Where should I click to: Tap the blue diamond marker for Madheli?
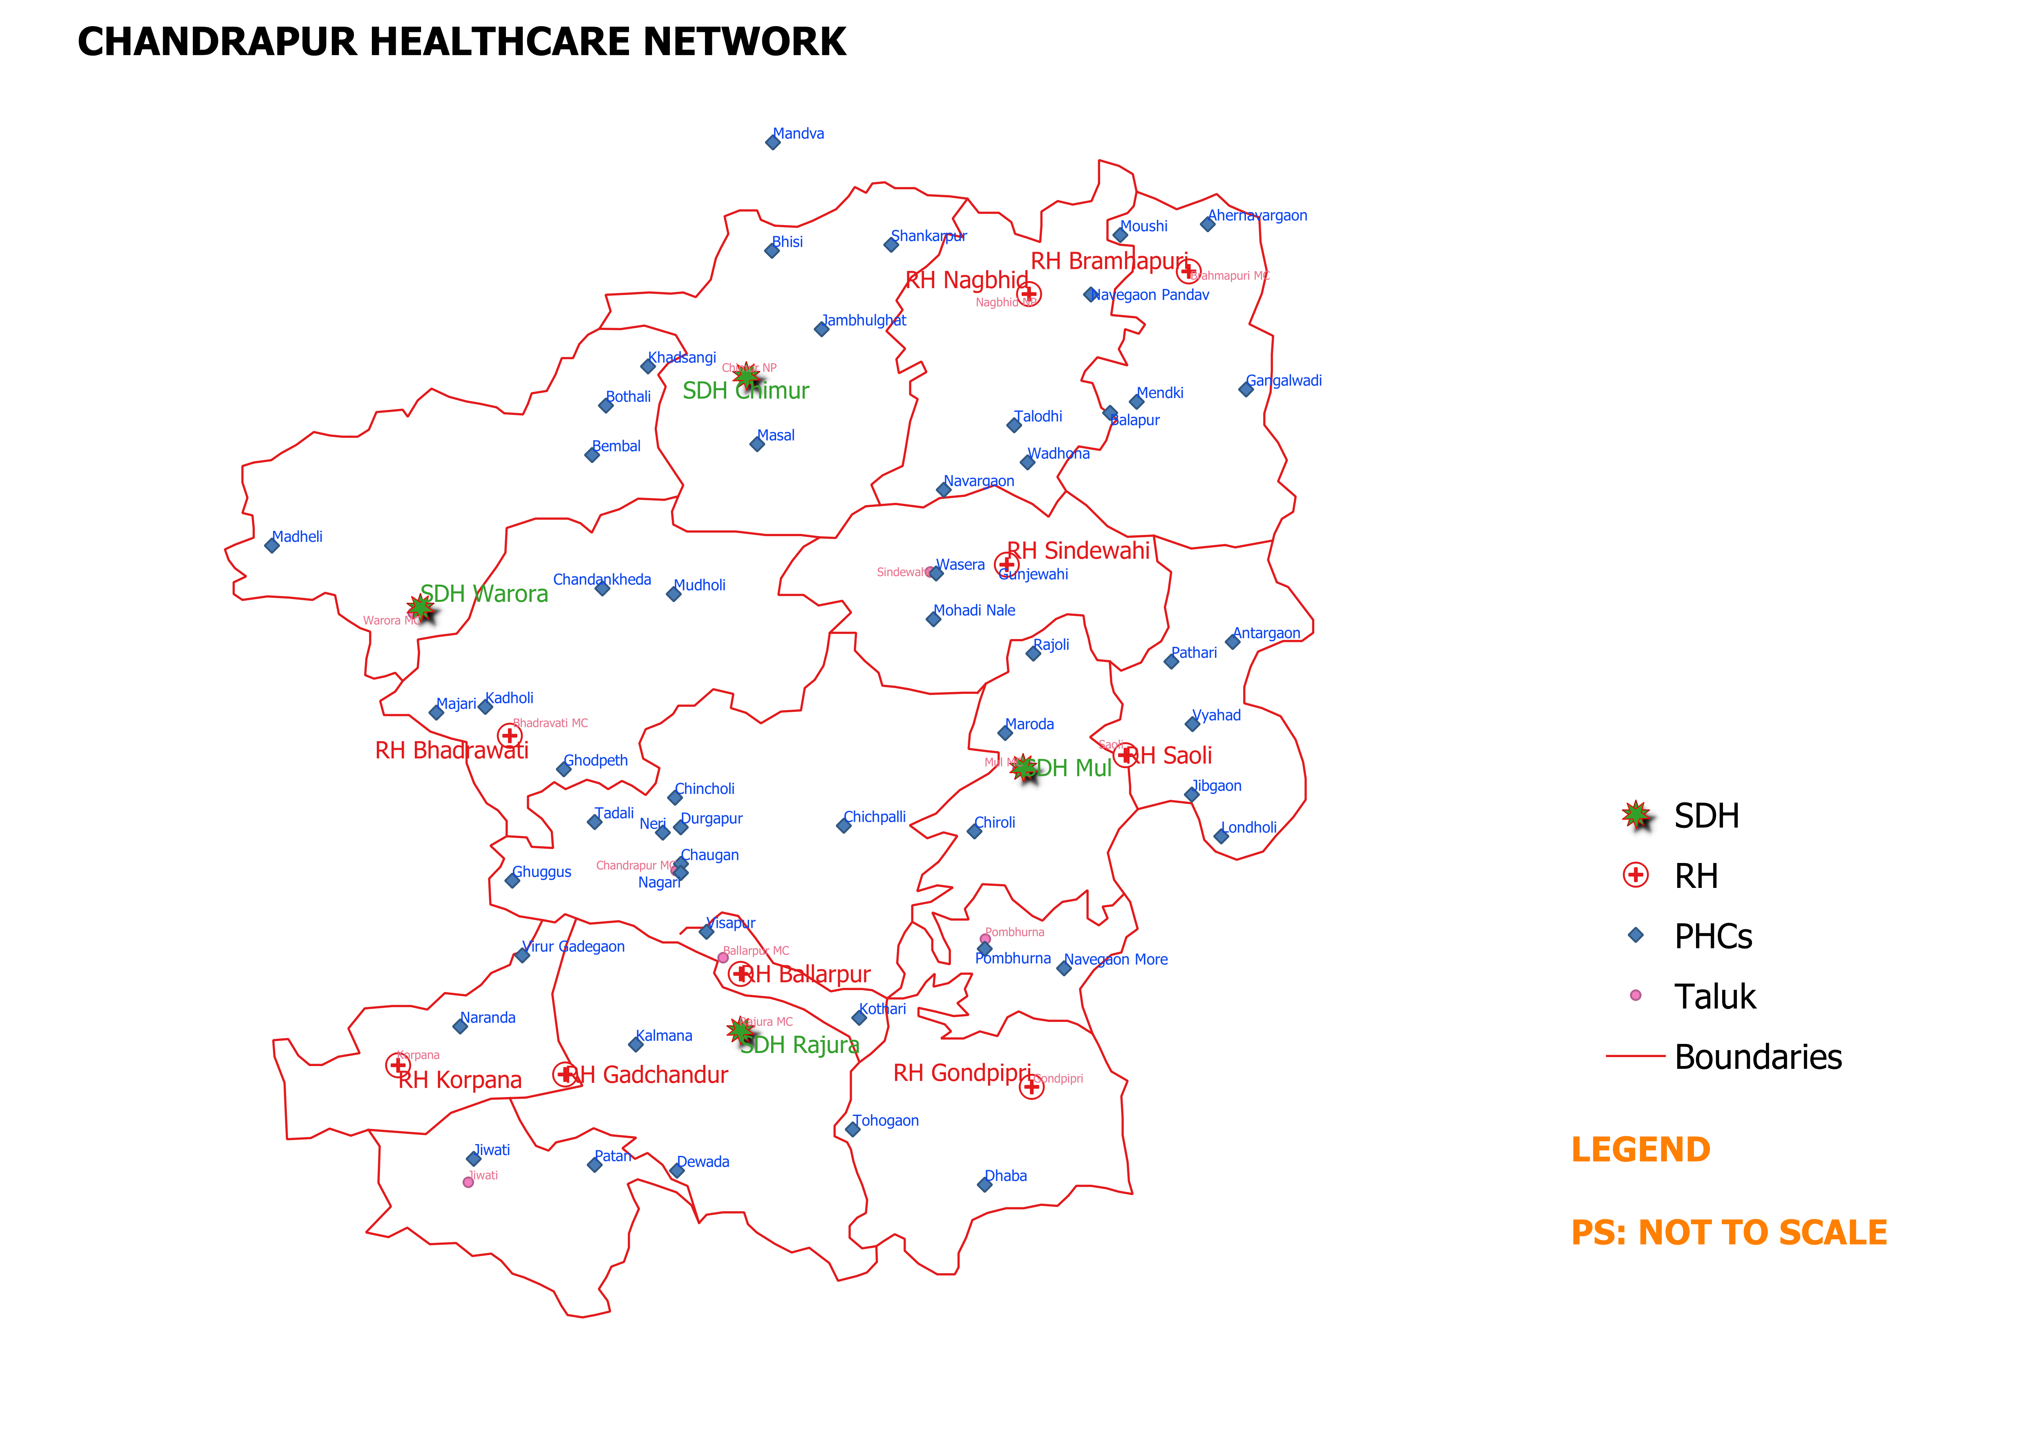point(272,545)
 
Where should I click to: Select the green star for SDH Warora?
point(420,608)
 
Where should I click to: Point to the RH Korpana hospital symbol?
point(398,1066)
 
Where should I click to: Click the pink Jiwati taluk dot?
point(468,1182)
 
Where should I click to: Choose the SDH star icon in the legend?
point(1636,816)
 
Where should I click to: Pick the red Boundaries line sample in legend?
point(1635,1056)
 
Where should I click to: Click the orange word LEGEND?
point(1640,1149)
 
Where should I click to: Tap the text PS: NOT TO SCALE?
point(1729,1232)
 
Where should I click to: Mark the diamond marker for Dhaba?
point(984,1185)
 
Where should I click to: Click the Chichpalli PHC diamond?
point(844,825)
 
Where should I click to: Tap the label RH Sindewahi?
point(1079,551)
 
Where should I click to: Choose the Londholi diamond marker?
point(1221,836)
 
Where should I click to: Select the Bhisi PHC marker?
point(772,251)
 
